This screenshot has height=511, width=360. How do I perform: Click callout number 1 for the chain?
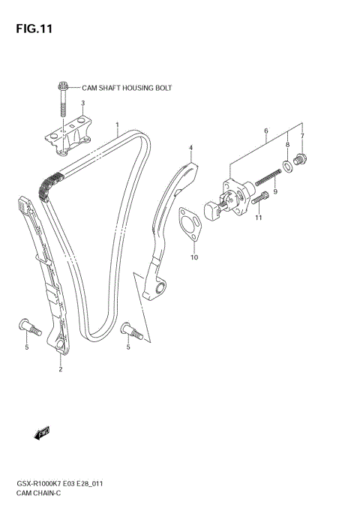tap(117, 125)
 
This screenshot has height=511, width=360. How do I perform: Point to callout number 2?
tap(60, 369)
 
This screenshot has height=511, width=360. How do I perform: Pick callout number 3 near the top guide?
tap(82, 104)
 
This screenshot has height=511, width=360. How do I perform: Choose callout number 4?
tap(190, 147)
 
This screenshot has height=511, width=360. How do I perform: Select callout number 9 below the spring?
tap(275, 192)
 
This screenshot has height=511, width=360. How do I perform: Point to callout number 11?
tap(258, 218)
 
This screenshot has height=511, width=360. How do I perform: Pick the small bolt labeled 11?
tap(262, 199)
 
